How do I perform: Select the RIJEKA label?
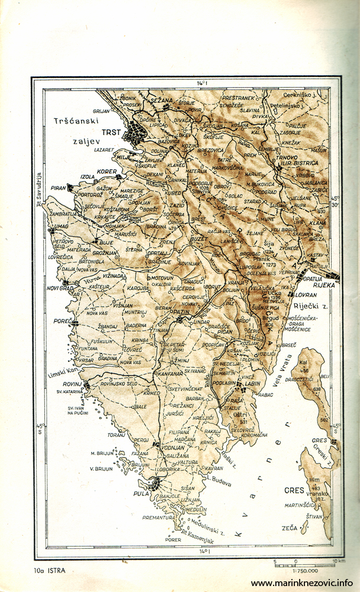(324, 285)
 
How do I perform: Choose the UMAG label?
(62, 227)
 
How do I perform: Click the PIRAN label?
(58, 188)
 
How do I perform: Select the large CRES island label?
(294, 490)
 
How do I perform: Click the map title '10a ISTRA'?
(50, 571)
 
